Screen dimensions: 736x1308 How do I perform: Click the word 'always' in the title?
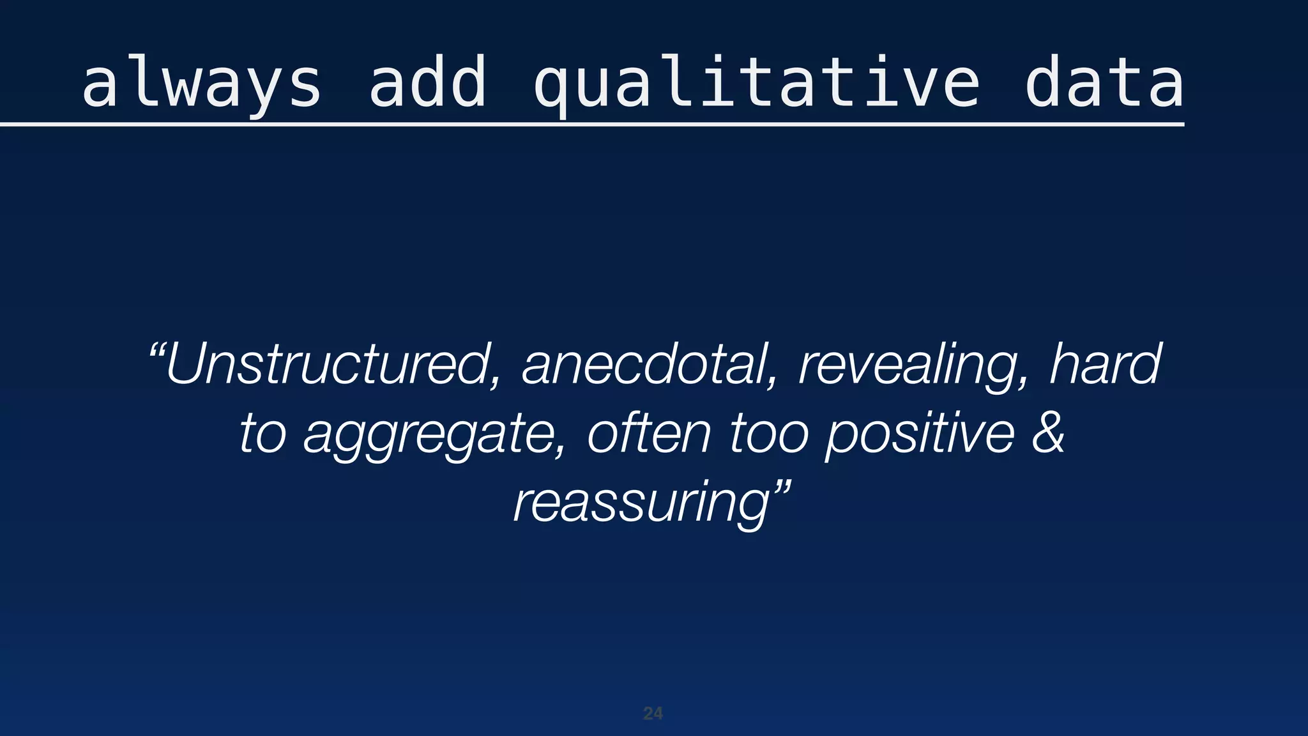point(201,84)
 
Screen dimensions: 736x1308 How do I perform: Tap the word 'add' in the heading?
point(428,84)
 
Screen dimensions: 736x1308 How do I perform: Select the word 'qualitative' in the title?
point(756,84)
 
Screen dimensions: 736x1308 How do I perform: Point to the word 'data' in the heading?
point(1104,84)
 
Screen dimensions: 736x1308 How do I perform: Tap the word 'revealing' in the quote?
point(908,365)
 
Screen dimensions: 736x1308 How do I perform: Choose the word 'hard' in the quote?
point(1105,364)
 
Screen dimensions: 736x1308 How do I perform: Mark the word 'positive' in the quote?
point(920,435)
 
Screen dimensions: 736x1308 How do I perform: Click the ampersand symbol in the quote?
point(1048,433)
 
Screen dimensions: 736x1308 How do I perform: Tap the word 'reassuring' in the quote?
point(642,504)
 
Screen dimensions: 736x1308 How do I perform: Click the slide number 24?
point(653,714)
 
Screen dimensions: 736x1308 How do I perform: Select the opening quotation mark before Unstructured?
point(157,351)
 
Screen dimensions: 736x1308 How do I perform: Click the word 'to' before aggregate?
point(262,434)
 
